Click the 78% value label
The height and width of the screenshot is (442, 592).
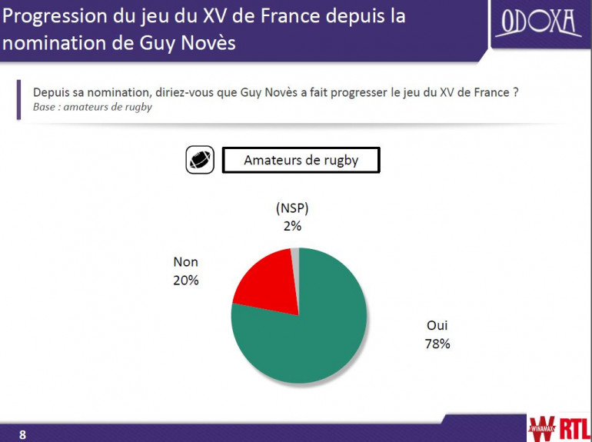pyautogui.click(x=437, y=344)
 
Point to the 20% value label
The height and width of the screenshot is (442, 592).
pyautogui.click(x=186, y=281)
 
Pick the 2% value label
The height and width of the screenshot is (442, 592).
pyautogui.click(x=292, y=226)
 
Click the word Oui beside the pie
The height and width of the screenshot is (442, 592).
pyautogui.click(x=437, y=326)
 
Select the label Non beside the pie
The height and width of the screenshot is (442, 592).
pyautogui.click(x=186, y=262)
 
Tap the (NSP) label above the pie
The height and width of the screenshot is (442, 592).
pyautogui.click(x=292, y=208)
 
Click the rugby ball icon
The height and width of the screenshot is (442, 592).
pyautogui.click(x=199, y=160)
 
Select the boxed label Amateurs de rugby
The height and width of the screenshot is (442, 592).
pyautogui.click(x=301, y=160)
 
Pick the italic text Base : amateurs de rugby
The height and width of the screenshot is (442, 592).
pyautogui.click(x=92, y=107)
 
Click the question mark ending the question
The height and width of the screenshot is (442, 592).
pyautogui.click(x=514, y=92)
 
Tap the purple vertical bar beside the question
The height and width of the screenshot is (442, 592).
pyautogui.click(x=18, y=99)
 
